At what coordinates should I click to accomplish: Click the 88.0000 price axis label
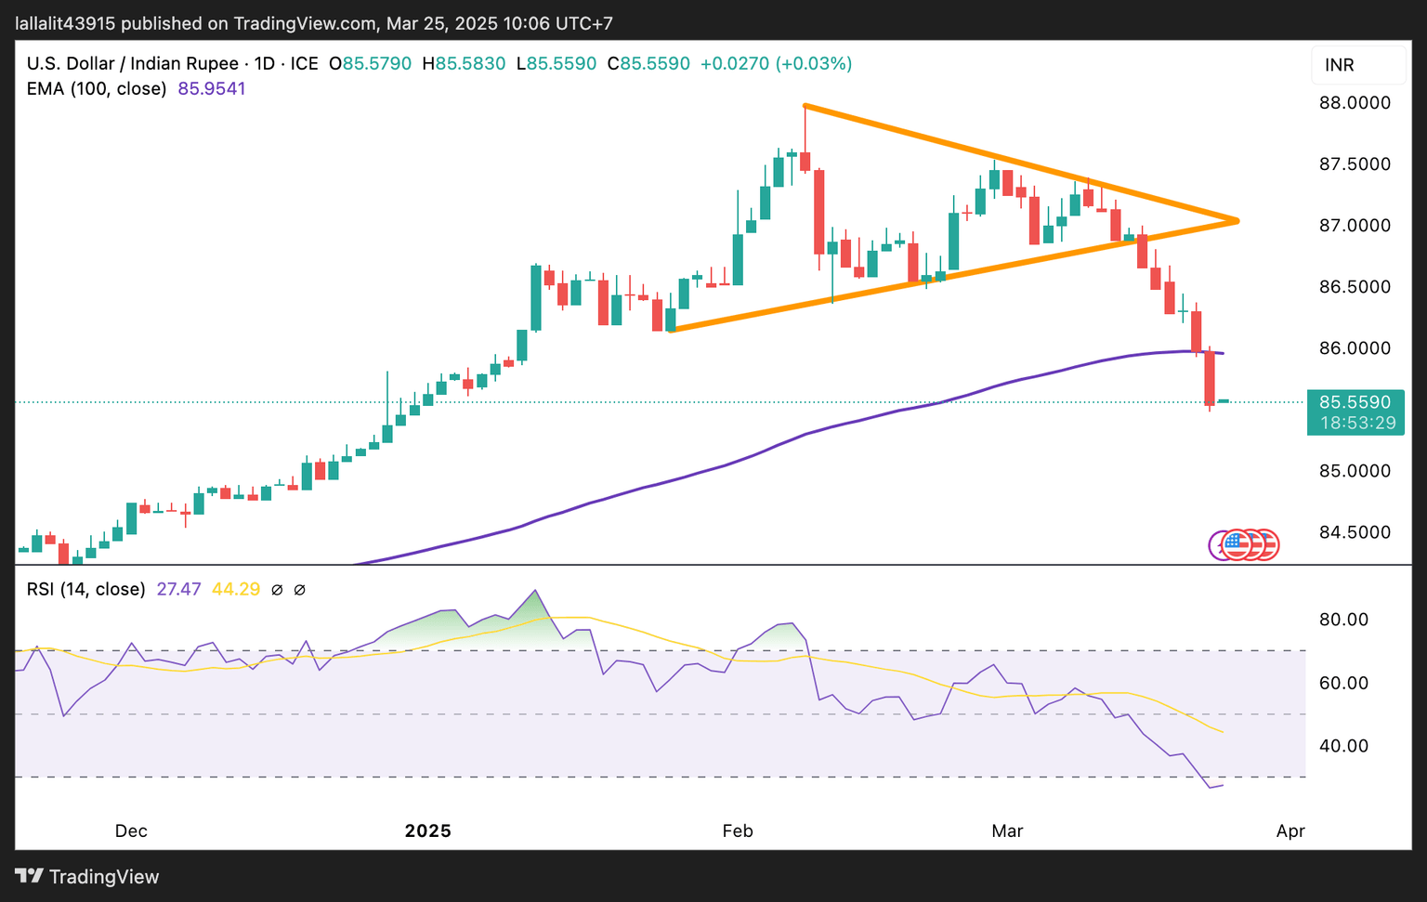click(1355, 103)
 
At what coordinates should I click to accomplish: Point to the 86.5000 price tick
click(1355, 287)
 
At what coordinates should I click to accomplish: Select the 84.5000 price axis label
click(1355, 532)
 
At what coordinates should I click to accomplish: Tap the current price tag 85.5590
click(1355, 402)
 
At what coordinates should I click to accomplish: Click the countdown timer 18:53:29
click(1357, 424)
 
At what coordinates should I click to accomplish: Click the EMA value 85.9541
click(212, 89)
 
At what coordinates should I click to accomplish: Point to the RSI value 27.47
click(178, 589)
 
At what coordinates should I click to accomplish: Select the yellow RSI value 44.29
click(236, 589)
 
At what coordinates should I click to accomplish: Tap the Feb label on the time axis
click(738, 830)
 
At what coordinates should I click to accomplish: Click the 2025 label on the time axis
click(427, 830)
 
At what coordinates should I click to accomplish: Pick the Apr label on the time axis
click(1290, 830)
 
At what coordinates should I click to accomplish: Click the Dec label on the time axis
click(131, 830)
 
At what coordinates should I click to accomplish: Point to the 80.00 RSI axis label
click(1344, 620)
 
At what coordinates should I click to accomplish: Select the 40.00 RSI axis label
click(1344, 746)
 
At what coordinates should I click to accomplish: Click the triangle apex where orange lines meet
click(1237, 220)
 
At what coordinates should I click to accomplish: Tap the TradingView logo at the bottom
click(87, 877)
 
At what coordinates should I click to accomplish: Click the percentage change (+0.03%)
click(814, 64)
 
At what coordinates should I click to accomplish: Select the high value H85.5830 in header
click(464, 64)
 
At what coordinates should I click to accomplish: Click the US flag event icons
click(1245, 545)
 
